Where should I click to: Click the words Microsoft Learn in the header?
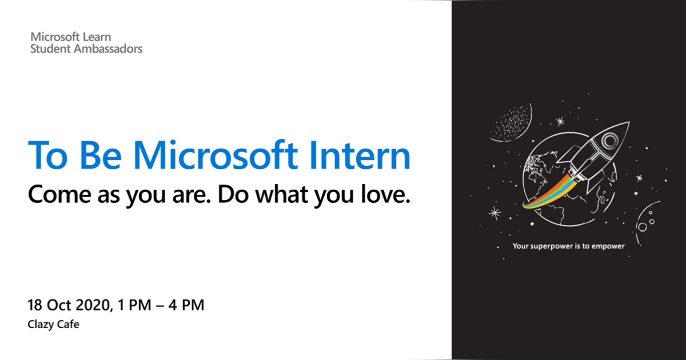(71, 37)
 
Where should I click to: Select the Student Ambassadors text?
(86, 49)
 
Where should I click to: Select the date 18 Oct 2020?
(67, 305)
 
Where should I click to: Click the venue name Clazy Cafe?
(53, 325)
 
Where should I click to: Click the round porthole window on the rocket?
(610, 139)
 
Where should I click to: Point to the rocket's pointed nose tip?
(627, 123)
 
